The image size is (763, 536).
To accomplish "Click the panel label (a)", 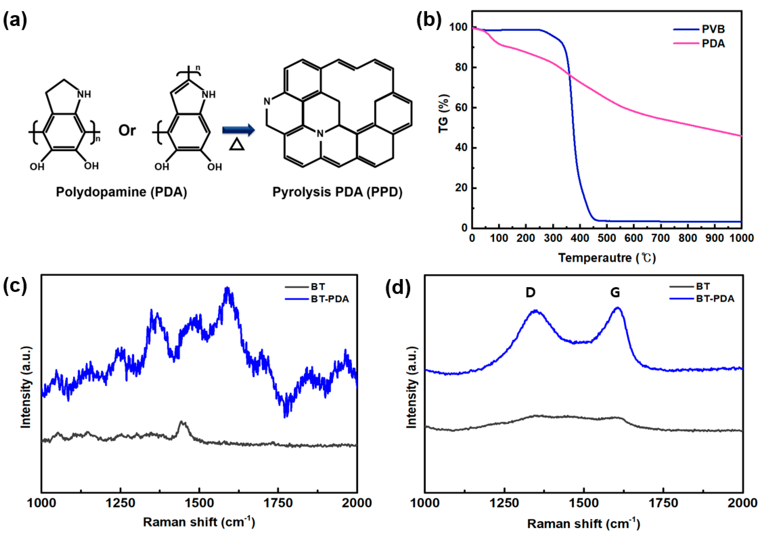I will [x=15, y=21].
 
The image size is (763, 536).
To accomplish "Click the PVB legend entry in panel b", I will [x=713, y=29].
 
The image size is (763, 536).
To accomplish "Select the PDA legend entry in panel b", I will [x=713, y=43].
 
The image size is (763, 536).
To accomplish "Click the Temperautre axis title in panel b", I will [x=607, y=258].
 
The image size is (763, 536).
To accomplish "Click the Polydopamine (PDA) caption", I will [x=121, y=192].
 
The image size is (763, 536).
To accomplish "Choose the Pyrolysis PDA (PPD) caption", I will [x=337, y=192].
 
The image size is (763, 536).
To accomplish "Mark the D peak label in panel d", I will [x=530, y=292].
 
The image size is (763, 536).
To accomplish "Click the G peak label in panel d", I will [x=615, y=292].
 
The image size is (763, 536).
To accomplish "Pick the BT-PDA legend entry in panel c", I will [x=330, y=299].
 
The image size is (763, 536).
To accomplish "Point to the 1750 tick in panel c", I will [x=278, y=503].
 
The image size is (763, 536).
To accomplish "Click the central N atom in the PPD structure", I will [x=320, y=134].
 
